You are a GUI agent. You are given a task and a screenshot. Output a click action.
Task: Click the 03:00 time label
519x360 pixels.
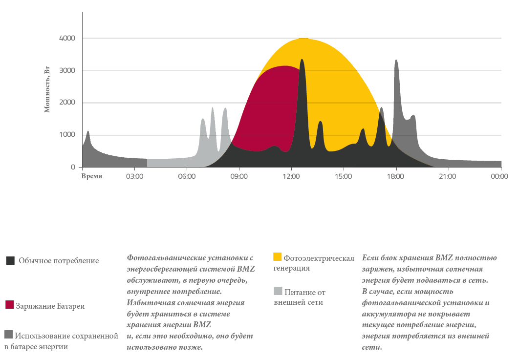134,176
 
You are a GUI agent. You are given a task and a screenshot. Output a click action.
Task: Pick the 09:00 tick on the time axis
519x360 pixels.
239,176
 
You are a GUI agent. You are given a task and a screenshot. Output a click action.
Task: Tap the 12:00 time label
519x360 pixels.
291,176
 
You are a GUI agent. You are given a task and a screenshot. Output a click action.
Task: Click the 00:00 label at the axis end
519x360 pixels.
499,176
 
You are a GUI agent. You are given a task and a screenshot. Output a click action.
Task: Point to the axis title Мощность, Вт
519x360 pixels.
47,91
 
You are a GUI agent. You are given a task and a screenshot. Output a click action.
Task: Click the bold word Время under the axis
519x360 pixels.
92,176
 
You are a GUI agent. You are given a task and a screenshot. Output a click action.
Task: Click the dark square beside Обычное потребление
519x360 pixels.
10,261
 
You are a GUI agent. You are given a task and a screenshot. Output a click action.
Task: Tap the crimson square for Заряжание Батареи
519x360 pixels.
10,305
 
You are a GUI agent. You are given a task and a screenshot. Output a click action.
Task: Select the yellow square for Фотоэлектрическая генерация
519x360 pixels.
278,257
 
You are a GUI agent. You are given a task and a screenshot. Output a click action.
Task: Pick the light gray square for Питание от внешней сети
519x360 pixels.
278,291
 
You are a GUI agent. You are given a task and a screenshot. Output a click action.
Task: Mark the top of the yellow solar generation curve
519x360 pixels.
303,39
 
